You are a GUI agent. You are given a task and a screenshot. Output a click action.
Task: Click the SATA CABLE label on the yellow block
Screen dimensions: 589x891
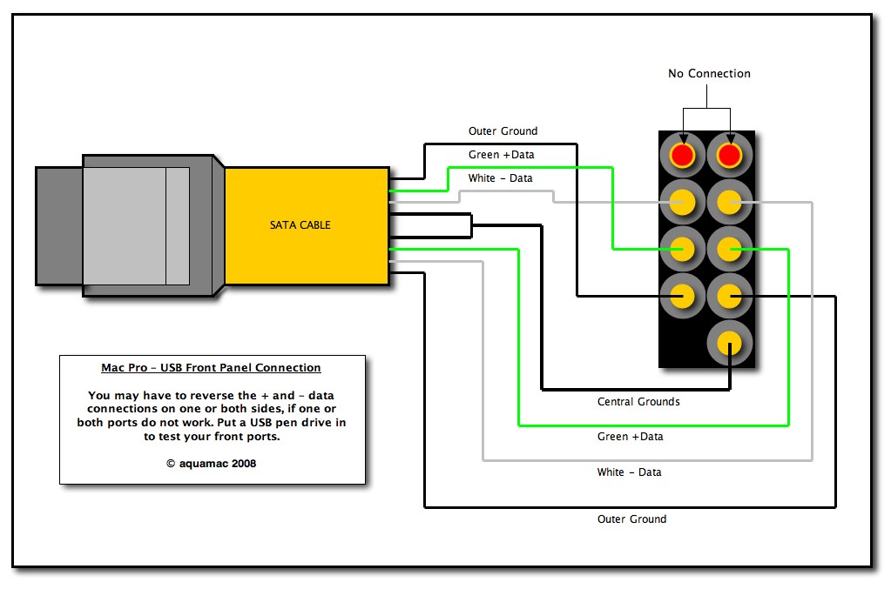(x=300, y=225)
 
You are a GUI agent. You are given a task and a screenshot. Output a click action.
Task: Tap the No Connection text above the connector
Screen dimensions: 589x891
(x=709, y=74)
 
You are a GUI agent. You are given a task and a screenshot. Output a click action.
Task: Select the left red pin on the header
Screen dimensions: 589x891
(x=682, y=156)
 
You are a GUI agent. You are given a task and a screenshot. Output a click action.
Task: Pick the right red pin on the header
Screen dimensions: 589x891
(x=729, y=156)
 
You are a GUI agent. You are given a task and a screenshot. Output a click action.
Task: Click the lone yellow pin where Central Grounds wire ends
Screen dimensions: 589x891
(x=729, y=343)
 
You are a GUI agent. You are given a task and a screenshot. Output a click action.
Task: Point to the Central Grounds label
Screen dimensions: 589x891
(x=638, y=402)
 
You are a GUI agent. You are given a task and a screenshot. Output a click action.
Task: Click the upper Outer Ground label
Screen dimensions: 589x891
(x=503, y=131)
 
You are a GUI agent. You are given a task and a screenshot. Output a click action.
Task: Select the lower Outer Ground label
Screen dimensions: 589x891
(x=631, y=519)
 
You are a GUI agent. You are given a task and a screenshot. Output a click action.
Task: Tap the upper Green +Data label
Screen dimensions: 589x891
(x=501, y=155)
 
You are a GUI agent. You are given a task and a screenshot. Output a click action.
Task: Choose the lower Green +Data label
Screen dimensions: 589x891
(x=630, y=436)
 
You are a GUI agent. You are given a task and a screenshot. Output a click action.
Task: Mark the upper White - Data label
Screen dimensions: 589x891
(x=501, y=178)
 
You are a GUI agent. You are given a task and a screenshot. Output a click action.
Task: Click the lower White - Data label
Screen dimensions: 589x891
(x=629, y=472)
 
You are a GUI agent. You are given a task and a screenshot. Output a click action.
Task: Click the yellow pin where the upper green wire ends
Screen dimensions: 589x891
(x=682, y=250)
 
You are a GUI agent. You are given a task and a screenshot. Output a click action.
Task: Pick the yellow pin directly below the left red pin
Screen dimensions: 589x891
(x=682, y=203)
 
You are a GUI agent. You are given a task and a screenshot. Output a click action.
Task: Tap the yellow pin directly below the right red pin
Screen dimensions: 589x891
(x=729, y=203)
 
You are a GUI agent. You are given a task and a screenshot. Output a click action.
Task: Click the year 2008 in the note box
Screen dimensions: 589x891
(x=244, y=464)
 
